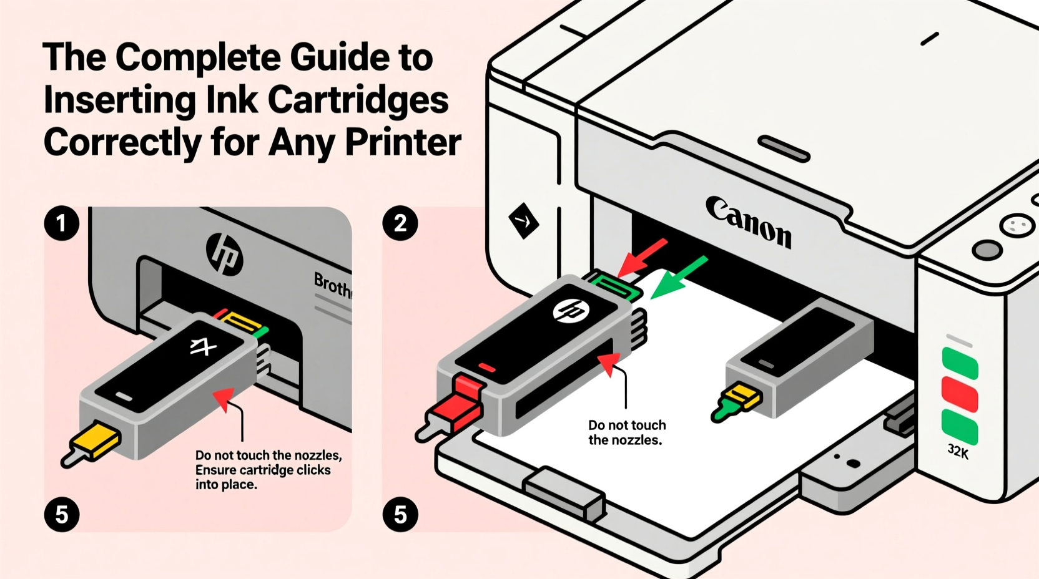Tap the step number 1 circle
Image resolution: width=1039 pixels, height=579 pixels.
pos(61,223)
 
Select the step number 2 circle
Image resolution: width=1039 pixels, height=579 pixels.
pos(400,223)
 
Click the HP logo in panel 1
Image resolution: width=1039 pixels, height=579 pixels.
pos(224,254)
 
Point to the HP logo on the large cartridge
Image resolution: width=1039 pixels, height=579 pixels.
pos(571,310)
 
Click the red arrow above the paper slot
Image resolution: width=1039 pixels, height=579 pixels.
pos(643,256)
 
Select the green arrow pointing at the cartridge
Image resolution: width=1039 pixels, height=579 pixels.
pos(679,277)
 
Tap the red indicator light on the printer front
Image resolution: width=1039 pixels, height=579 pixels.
pos(959,394)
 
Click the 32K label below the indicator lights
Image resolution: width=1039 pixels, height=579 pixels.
pos(958,451)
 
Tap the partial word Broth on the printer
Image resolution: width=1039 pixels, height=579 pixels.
pos(332,285)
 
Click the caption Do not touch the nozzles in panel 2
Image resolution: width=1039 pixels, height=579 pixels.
pos(626,432)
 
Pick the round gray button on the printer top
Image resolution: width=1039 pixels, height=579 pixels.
pos(987,250)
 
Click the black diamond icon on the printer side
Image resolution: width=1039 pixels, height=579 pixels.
pos(523,220)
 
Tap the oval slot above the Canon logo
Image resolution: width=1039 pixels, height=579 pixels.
pos(784,148)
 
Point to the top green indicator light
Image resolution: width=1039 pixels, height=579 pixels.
pos(959,363)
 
